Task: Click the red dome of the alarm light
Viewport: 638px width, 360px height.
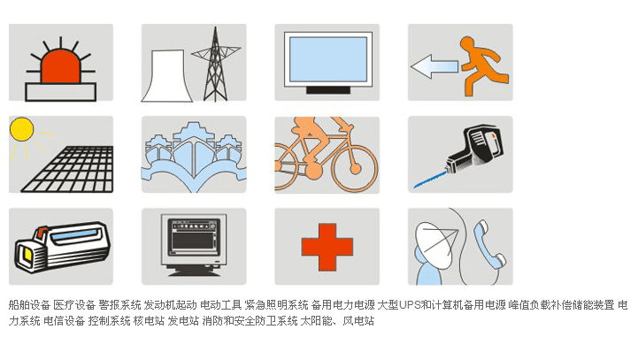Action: coord(61,67)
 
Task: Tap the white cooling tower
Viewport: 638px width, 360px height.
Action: coord(167,76)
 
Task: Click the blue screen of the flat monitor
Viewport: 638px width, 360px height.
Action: coord(328,59)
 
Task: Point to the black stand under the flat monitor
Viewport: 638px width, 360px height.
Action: coord(328,90)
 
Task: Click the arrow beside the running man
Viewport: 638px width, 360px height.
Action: coord(434,66)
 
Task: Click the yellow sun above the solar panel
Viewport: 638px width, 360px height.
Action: coord(21,129)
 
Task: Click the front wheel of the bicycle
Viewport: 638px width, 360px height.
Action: coord(355,168)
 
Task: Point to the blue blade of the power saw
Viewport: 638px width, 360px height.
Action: coord(430,180)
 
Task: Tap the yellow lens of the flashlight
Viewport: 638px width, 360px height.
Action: coord(27,255)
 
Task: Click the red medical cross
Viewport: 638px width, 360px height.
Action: coord(327,247)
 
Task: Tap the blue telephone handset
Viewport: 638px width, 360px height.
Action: coord(489,244)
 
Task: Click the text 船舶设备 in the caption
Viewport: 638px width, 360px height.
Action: coord(29,304)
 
